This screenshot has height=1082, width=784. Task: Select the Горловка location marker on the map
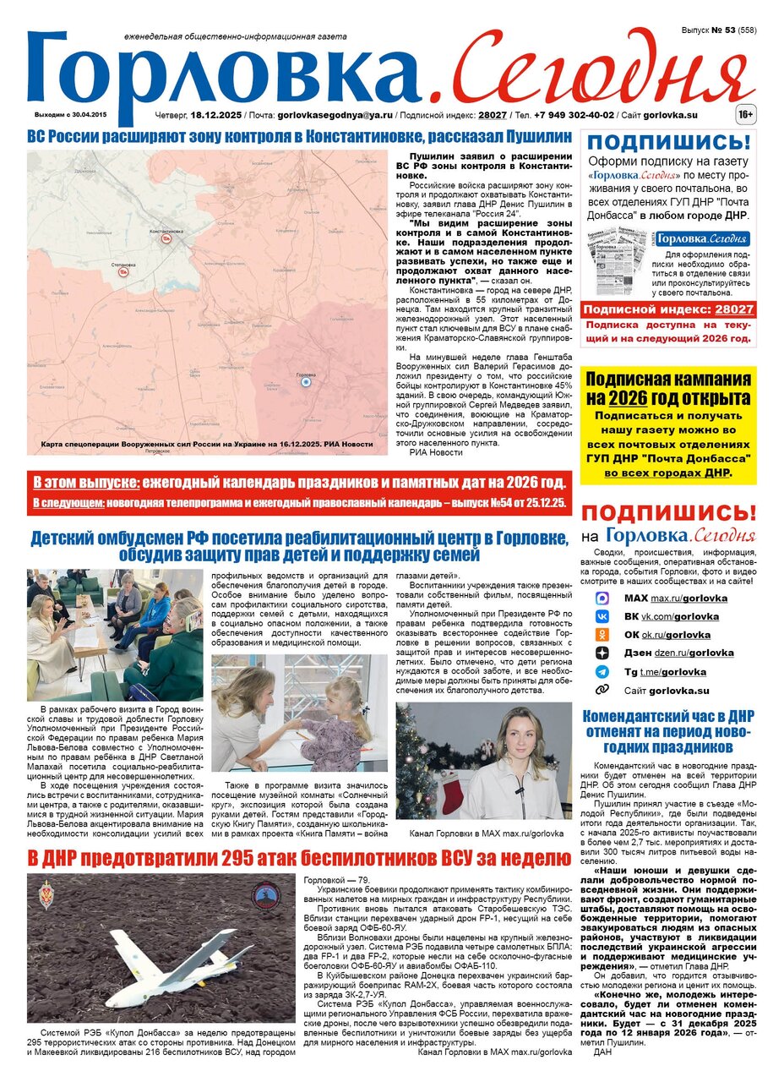(306, 382)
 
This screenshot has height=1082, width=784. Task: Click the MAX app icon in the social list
(602, 598)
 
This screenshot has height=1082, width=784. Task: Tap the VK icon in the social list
(602, 616)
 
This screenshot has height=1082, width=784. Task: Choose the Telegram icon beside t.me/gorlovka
(602, 672)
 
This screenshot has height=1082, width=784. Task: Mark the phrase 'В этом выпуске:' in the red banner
(86, 484)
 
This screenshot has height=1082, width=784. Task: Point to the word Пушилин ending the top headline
(531, 136)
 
